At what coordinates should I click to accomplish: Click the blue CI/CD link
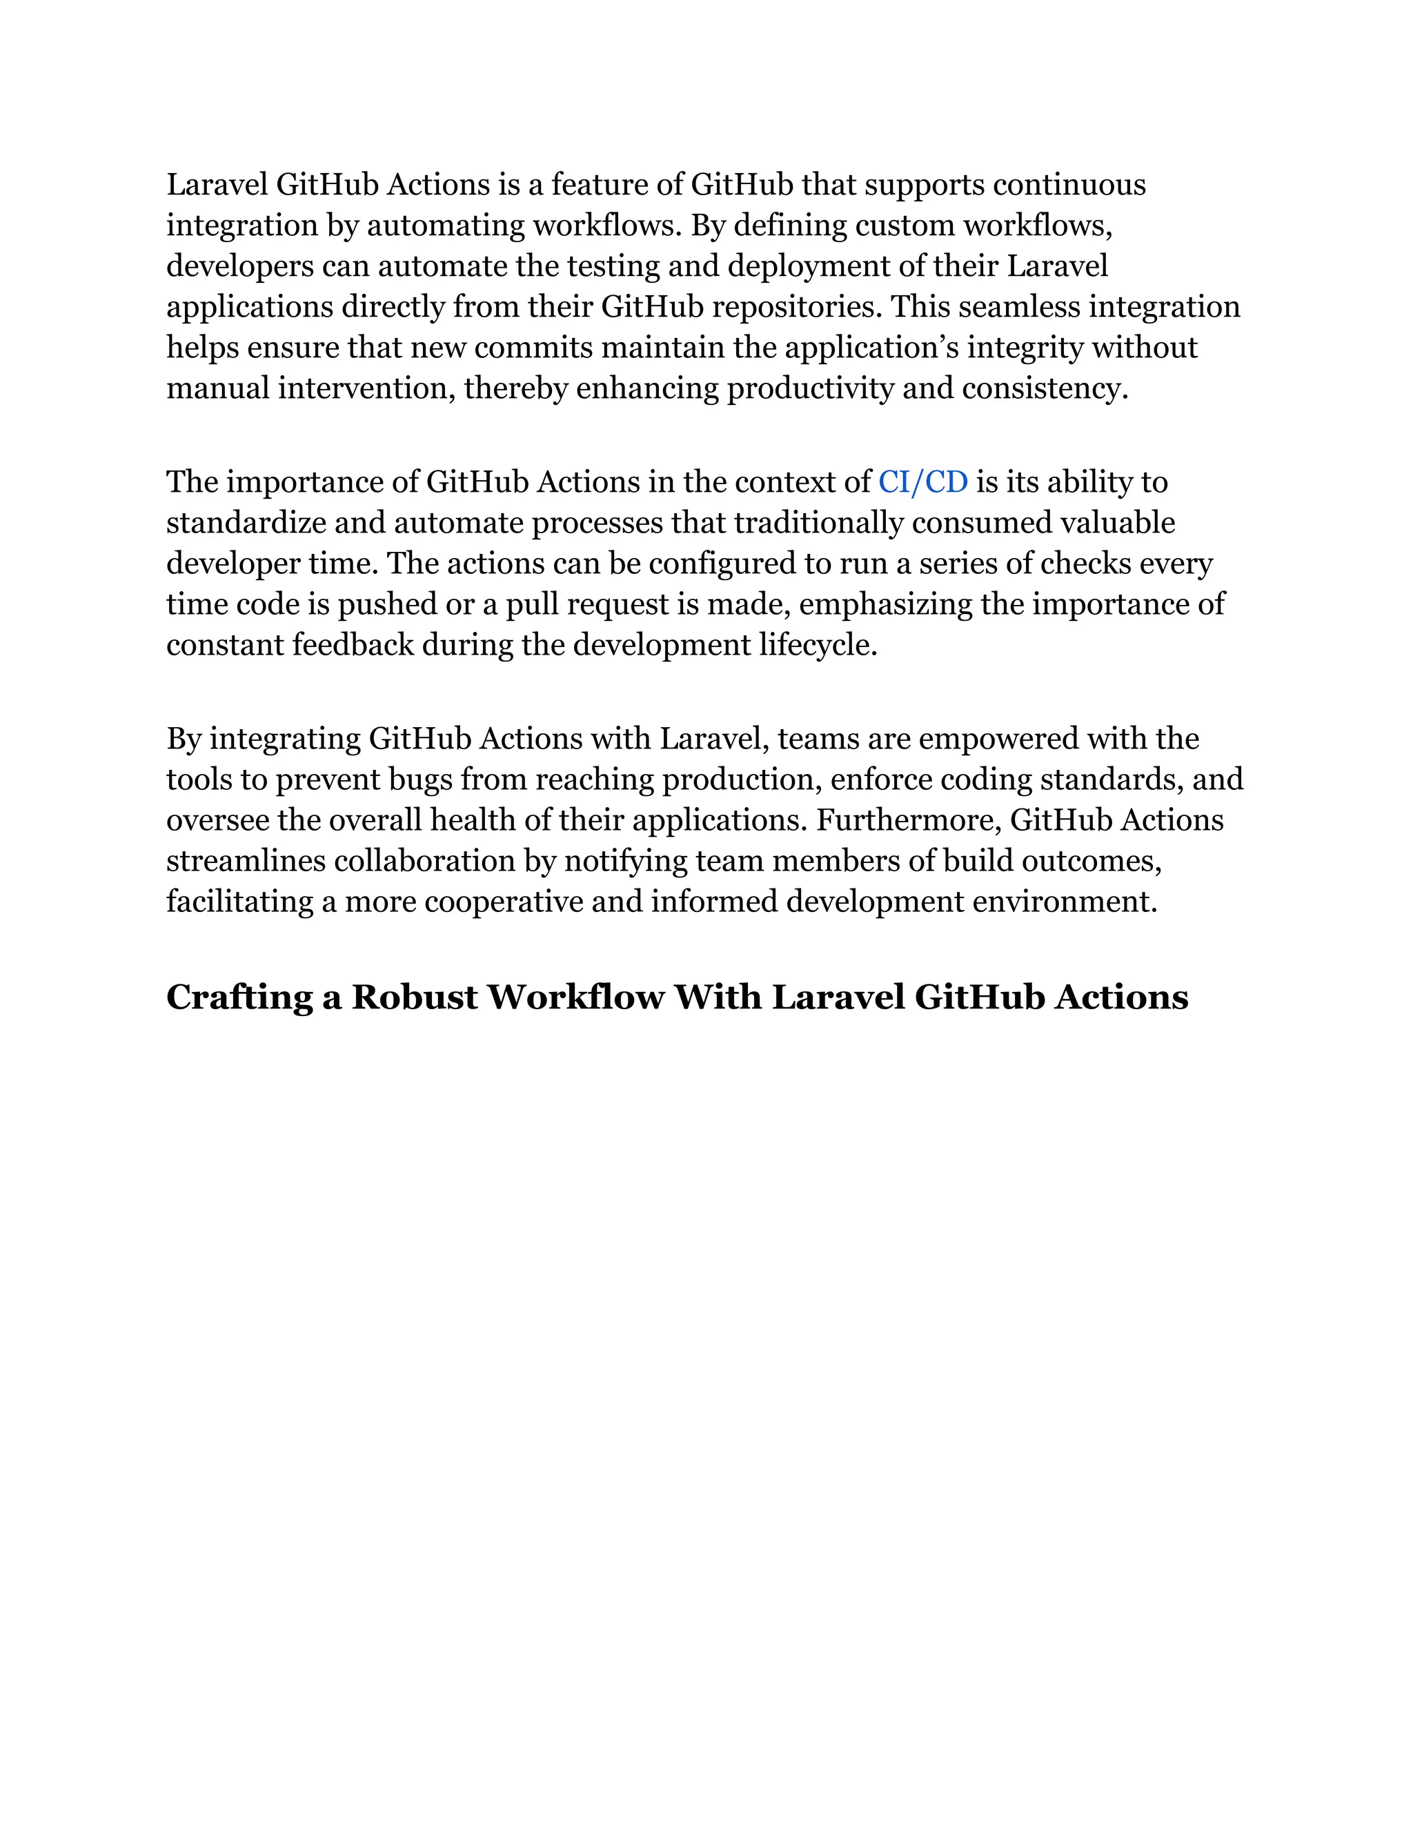coord(922,483)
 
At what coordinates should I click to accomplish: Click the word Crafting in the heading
coord(239,997)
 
